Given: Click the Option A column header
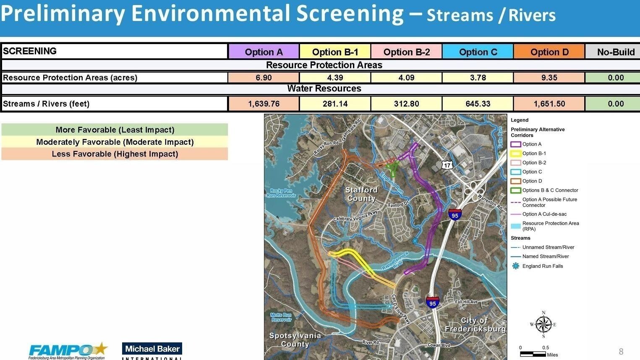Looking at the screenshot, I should pyautogui.click(x=264, y=52).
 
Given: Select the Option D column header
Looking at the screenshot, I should pyautogui.click(x=549, y=52).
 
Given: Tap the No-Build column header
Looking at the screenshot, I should pyautogui.click(x=615, y=52).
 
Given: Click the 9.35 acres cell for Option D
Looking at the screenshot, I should pyautogui.click(x=549, y=78).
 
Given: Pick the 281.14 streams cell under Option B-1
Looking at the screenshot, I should pyautogui.click(x=335, y=104).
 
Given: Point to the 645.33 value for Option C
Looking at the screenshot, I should pyautogui.click(x=478, y=104).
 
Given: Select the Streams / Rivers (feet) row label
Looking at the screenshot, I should pyautogui.click(x=46, y=104).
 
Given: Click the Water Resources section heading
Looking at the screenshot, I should pyautogui.click(x=324, y=89).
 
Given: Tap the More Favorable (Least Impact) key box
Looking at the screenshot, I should pyautogui.click(x=115, y=130).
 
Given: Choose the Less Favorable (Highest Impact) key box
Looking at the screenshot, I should pyautogui.click(x=115, y=154).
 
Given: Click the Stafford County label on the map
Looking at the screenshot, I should pyautogui.click(x=361, y=194).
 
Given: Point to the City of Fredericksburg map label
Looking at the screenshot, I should pyautogui.click(x=475, y=325).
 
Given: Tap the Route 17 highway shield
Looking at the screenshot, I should pyautogui.click(x=447, y=165).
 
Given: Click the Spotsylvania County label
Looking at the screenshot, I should pyautogui.click(x=295, y=340).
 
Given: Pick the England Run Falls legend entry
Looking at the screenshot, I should pyautogui.click(x=542, y=266).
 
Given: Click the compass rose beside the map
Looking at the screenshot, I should pyautogui.click(x=543, y=324).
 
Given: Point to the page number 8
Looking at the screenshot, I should pyautogui.click(x=621, y=352).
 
